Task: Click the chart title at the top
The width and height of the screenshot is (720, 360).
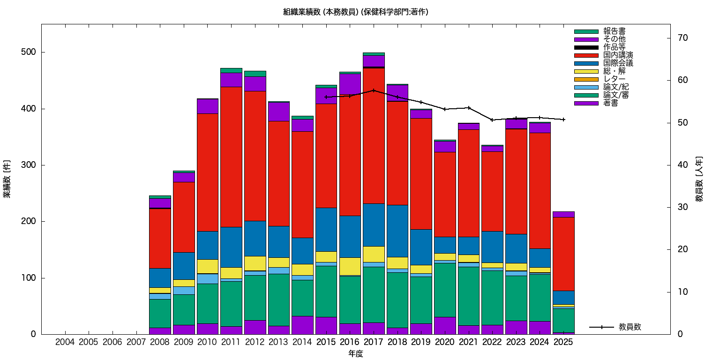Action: point(355,12)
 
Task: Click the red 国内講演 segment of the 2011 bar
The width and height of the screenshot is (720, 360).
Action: point(231,157)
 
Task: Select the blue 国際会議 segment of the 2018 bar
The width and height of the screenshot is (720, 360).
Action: point(397,231)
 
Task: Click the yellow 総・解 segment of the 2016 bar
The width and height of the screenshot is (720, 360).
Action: point(350,266)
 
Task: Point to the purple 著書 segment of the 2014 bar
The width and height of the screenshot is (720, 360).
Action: point(302,325)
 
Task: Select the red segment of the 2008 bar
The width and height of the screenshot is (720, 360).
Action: point(160,238)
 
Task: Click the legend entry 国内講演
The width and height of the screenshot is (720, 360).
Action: point(612,55)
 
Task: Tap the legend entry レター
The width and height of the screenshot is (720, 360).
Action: point(615,79)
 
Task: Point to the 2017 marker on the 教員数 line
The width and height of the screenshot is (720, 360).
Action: point(374,90)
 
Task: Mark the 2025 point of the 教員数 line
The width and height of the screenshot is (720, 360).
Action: point(563,120)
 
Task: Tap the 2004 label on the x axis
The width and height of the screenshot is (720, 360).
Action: point(65,343)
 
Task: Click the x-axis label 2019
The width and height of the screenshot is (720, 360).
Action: point(421,343)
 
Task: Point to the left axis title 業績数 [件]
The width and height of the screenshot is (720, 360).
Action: point(7,179)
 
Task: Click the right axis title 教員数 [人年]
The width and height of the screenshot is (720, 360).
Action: point(699,179)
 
